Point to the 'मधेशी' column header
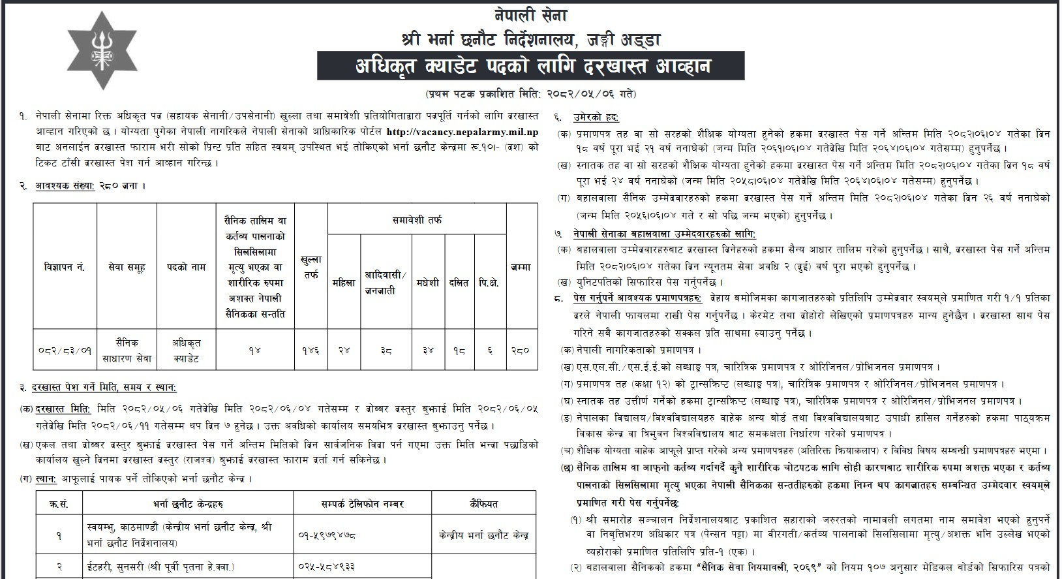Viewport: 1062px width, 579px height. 428,283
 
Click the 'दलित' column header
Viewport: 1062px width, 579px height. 459,283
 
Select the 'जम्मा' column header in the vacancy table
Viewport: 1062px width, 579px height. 521,268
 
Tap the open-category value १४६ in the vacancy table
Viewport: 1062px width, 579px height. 311,350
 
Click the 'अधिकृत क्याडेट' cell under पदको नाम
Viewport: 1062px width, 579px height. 186,350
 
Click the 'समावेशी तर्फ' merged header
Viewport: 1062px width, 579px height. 417,221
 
